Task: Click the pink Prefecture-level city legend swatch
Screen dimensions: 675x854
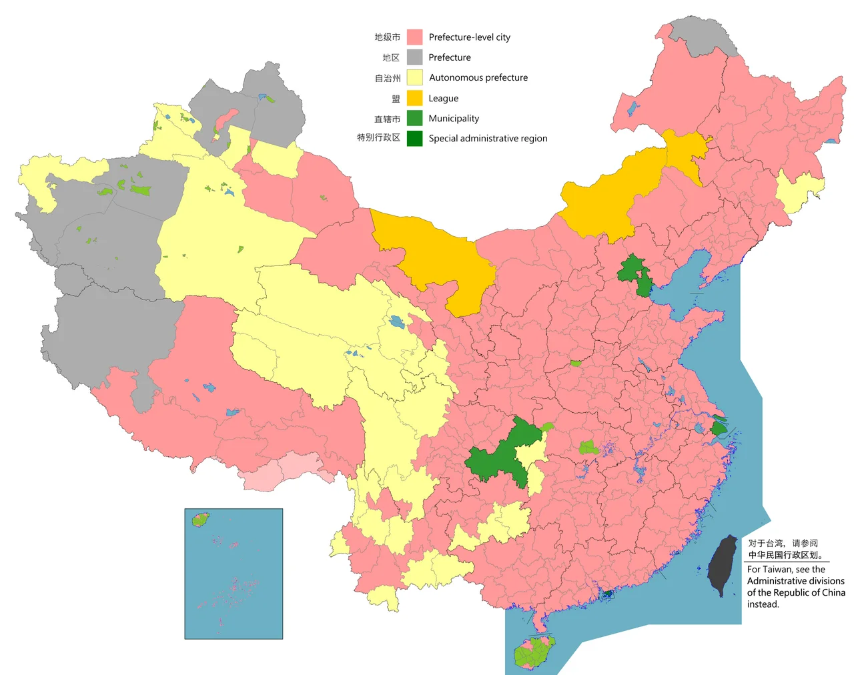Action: coord(414,37)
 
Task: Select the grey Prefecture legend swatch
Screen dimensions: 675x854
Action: coord(414,57)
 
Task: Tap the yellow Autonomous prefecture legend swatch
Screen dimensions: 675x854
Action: coord(414,77)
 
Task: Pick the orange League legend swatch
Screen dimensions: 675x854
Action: coord(414,98)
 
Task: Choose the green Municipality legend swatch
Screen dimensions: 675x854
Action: coord(414,118)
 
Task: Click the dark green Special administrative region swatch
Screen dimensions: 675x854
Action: coord(414,138)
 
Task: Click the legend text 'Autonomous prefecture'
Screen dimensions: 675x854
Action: coord(478,77)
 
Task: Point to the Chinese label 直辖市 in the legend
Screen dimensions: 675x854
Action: coord(387,119)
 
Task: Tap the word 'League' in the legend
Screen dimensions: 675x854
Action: coord(443,98)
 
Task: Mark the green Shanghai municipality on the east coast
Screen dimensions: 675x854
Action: coord(719,427)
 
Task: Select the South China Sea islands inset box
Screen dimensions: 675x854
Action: coord(234,574)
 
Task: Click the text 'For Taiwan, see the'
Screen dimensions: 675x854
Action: coord(786,569)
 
